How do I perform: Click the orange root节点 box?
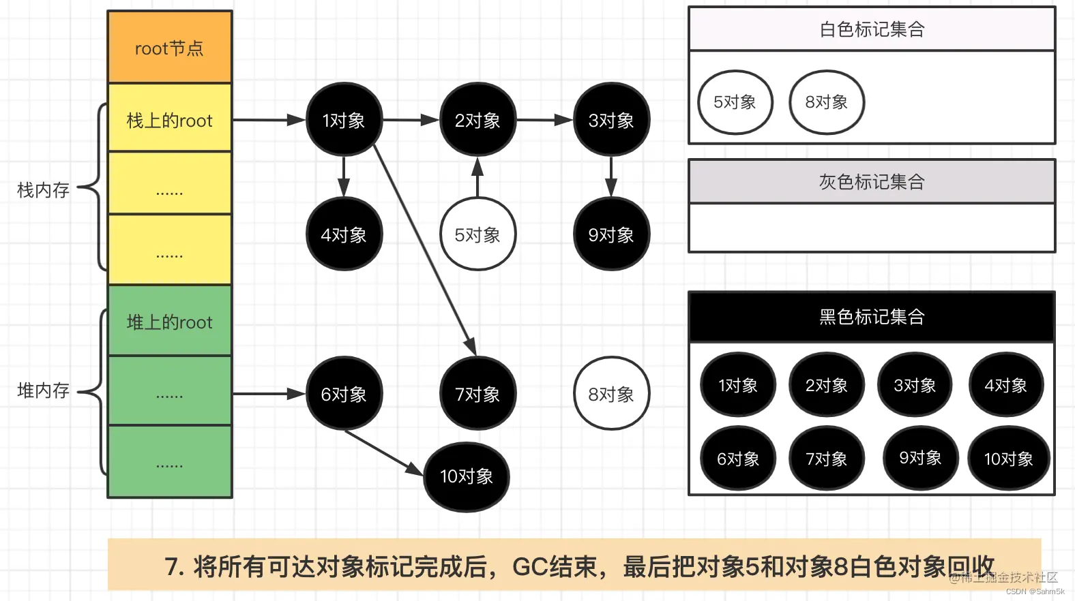(x=169, y=48)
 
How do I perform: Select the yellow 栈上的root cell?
(x=169, y=120)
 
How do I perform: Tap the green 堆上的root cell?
(x=169, y=322)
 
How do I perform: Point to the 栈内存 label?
(x=43, y=189)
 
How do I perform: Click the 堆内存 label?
(x=43, y=390)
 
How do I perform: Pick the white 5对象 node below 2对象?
(x=477, y=234)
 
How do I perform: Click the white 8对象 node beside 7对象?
(x=611, y=394)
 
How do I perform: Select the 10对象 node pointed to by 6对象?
(x=467, y=476)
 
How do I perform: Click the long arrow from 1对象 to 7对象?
(x=424, y=245)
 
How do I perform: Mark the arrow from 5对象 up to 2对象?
(x=477, y=177)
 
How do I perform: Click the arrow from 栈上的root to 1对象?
(x=269, y=120)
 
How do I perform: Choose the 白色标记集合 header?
(x=872, y=29)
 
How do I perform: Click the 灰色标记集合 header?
(x=872, y=182)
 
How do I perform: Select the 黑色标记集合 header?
(x=872, y=317)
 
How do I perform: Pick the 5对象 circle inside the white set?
(x=735, y=102)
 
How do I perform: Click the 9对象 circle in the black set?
(x=920, y=458)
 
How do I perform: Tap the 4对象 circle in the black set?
(x=1006, y=386)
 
